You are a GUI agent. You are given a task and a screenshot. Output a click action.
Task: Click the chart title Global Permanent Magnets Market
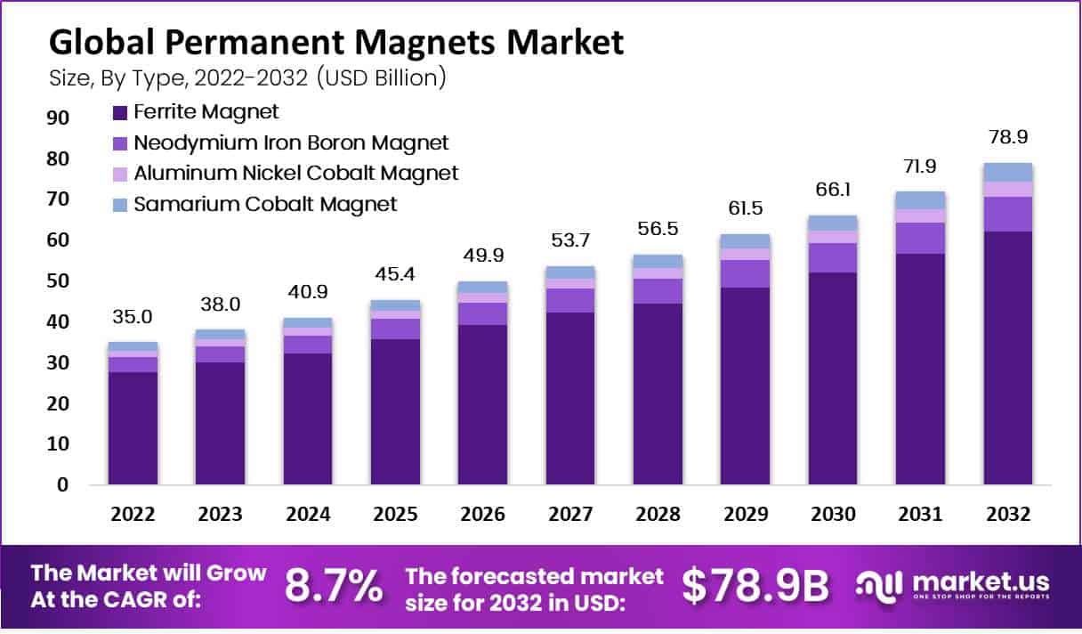[336, 42]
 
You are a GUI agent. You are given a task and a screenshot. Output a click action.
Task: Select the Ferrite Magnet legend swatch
[120, 112]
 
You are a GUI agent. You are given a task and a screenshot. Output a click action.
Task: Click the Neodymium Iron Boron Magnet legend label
[291, 142]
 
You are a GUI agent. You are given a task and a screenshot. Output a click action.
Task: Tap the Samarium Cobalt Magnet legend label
[265, 204]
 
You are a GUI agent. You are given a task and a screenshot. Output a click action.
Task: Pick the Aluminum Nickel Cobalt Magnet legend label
[296, 173]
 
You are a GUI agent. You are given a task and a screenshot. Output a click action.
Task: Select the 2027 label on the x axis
[570, 515]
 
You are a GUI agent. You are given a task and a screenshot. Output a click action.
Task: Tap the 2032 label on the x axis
[1007, 515]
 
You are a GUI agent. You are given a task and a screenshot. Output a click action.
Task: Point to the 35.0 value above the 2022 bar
[133, 317]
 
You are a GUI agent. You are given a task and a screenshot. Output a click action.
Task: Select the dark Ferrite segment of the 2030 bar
[833, 378]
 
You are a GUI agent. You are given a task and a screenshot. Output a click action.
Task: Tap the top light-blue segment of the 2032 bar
[1007, 172]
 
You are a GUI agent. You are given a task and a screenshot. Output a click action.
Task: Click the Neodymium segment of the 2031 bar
[920, 238]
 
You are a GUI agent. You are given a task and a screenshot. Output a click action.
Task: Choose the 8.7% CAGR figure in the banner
[334, 585]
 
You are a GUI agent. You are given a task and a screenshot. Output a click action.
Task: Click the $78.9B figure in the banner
[755, 585]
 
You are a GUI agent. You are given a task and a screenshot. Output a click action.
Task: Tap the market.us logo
[953, 585]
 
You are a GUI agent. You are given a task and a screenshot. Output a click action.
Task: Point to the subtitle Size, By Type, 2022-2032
[247, 77]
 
